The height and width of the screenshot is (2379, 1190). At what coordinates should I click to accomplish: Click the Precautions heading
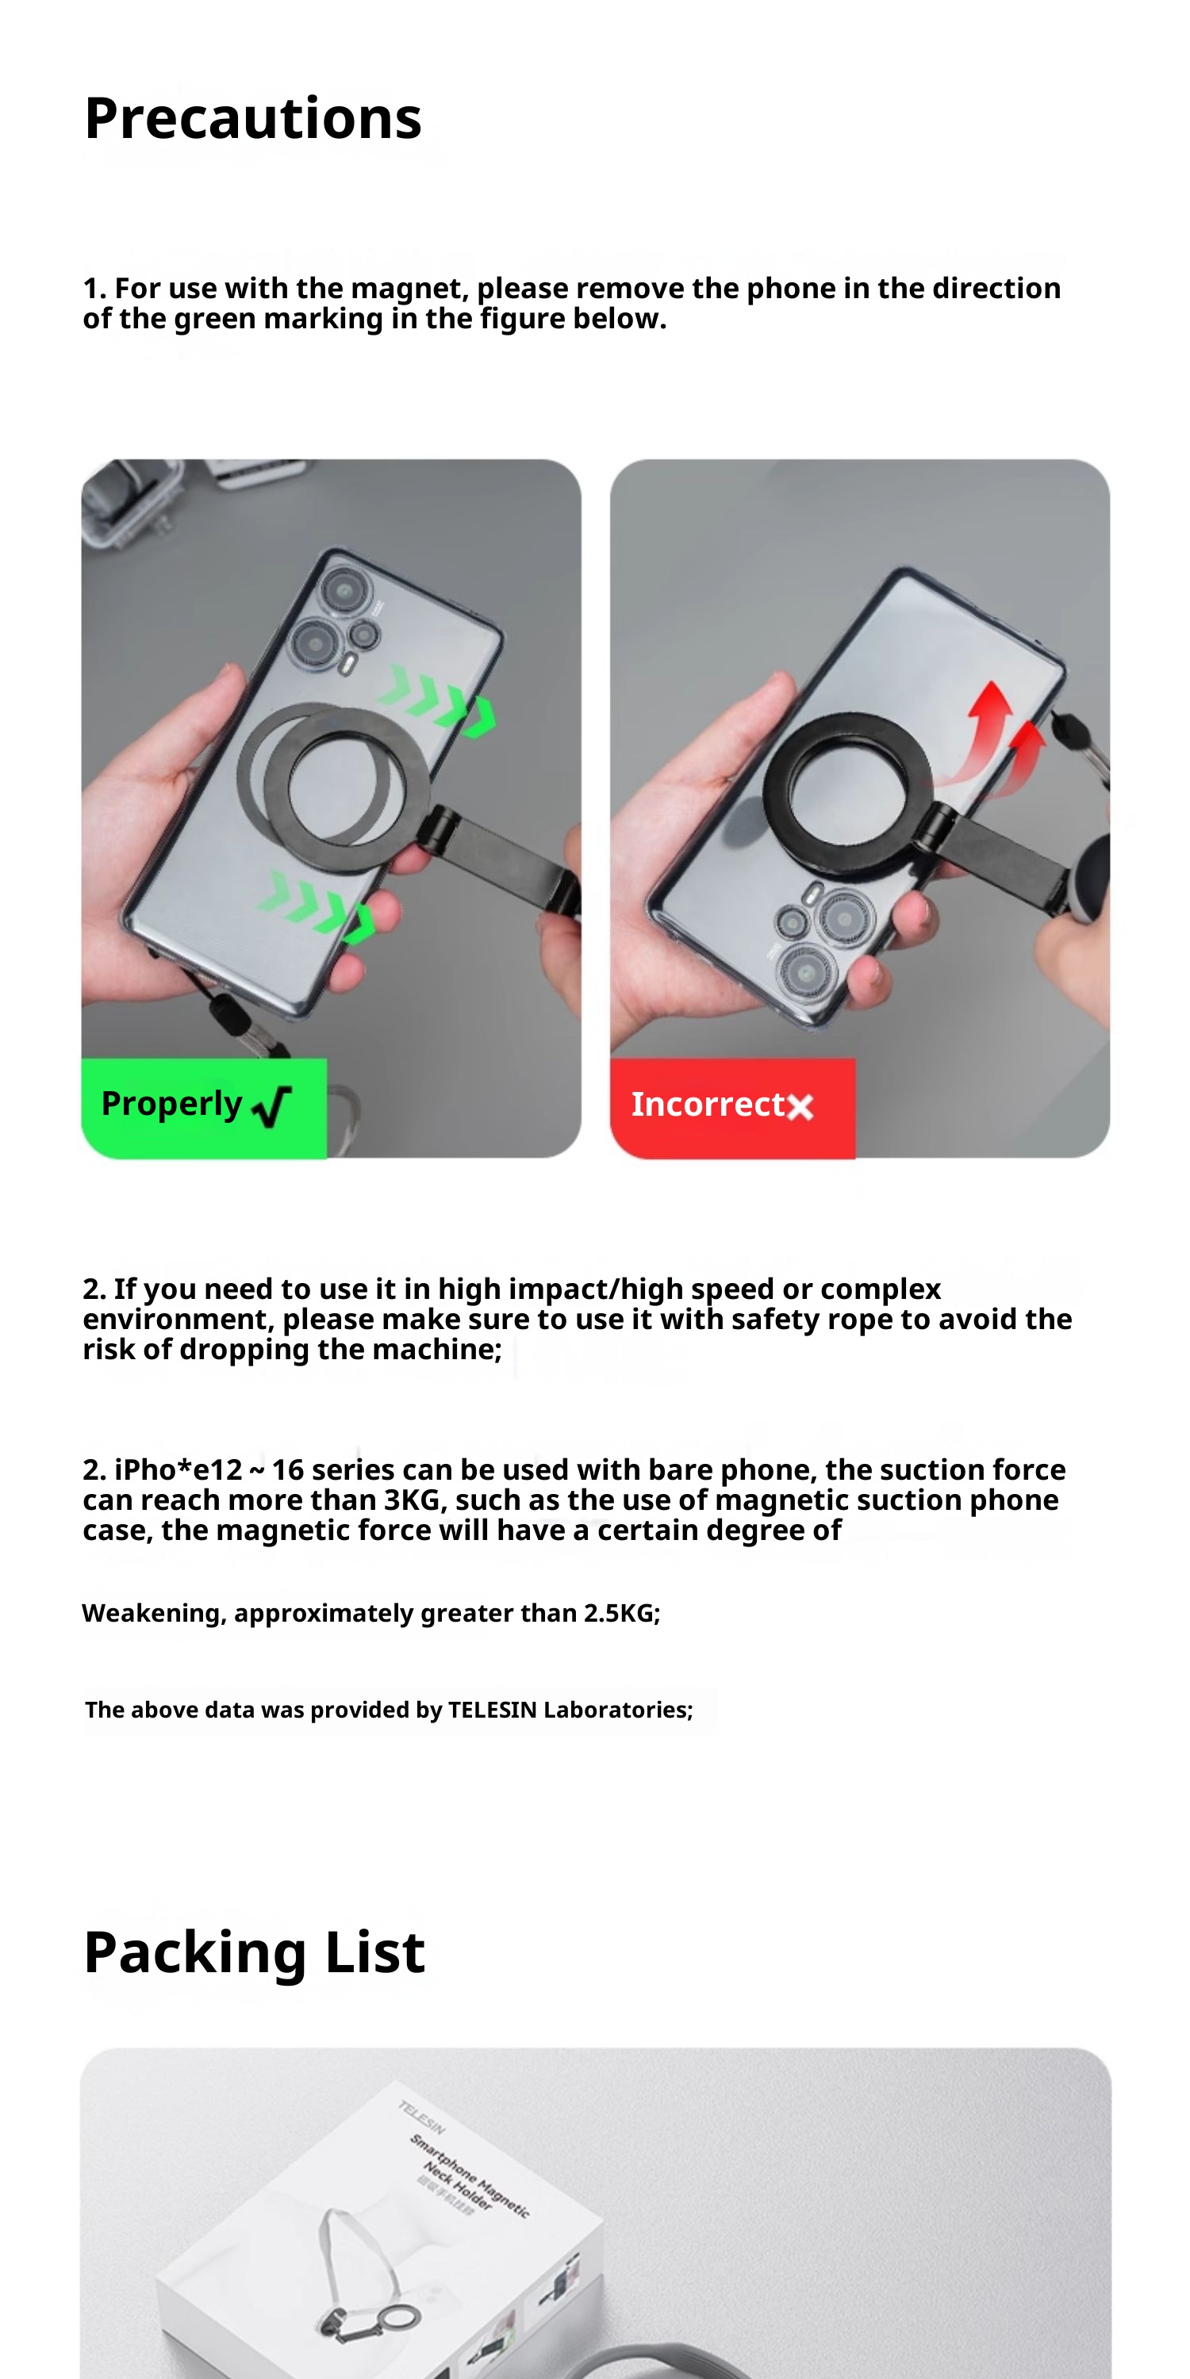pyautogui.click(x=252, y=118)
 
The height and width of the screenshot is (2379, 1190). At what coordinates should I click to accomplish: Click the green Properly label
pyautogui.click(x=204, y=1107)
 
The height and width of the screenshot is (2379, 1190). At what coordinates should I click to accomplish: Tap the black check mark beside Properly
pyautogui.click(x=271, y=1106)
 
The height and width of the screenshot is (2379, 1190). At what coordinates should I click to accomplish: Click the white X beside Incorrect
pyautogui.click(x=800, y=1106)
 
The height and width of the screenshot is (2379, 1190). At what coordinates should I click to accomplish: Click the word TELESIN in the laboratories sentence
pyautogui.click(x=493, y=1710)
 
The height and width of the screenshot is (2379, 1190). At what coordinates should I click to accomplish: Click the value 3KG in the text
pyautogui.click(x=412, y=1500)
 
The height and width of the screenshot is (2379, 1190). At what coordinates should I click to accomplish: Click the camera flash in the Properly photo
pyautogui.click(x=348, y=664)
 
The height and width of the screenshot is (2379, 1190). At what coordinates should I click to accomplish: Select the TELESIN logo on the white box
pyautogui.click(x=421, y=2117)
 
